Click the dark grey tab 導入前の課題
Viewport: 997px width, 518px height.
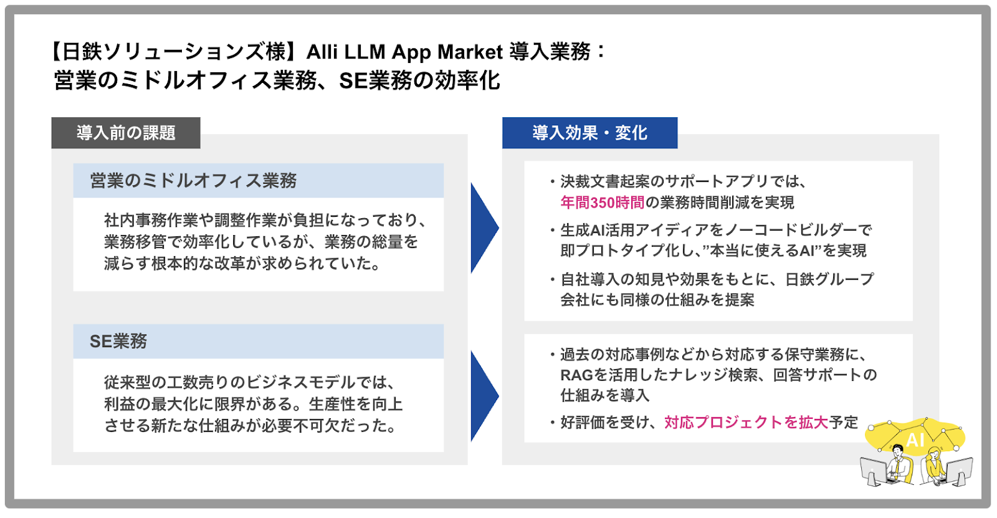[x=126, y=133]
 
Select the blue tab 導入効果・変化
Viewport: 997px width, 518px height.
[x=589, y=133]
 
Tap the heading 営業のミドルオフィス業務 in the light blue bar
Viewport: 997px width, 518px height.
[x=193, y=181]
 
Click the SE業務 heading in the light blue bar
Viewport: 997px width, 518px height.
[x=118, y=341]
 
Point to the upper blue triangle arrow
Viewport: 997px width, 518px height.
[x=483, y=228]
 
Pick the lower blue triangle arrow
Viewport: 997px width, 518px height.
[x=483, y=396]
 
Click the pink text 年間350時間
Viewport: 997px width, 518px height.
[x=602, y=203]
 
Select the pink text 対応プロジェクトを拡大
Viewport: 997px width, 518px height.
[x=746, y=423]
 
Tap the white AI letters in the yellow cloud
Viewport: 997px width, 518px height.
[x=915, y=440]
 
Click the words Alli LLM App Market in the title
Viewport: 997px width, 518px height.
[x=404, y=52]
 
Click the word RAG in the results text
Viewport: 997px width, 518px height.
[x=576, y=375]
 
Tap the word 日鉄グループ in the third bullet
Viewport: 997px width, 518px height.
[x=829, y=279]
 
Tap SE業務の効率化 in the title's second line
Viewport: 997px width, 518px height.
[x=419, y=81]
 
